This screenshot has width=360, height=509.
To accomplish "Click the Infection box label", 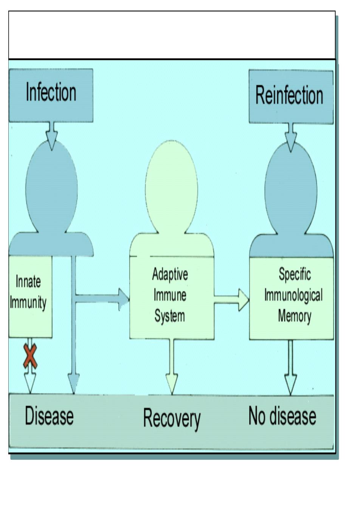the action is (51, 92).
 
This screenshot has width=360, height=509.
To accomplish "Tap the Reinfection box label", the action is (289, 95).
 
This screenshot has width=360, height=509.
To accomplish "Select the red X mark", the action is (30, 356).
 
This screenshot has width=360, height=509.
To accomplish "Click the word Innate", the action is (28, 281).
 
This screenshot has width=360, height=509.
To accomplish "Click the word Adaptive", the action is (170, 274).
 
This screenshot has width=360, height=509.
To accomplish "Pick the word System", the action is (170, 316).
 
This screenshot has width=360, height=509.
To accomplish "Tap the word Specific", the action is (295, 274).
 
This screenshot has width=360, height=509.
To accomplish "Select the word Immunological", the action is (293, 295).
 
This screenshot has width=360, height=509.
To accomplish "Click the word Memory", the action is (295, 316).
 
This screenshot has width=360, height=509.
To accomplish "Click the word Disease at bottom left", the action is (49, 416).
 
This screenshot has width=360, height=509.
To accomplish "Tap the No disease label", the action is (282, 416).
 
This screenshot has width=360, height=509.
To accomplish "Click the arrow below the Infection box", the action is (52, 136).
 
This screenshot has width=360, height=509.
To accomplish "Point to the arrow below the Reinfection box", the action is (291, 138).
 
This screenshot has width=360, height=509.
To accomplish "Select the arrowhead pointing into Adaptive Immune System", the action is (124, 300).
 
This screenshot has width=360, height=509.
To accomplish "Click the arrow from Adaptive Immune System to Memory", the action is (231, 300).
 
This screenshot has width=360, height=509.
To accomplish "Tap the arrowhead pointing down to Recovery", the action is (172, 384).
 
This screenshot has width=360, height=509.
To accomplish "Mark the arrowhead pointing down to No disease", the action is (291, 384).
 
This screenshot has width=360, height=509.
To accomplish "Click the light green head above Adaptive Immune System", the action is (171, 186).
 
